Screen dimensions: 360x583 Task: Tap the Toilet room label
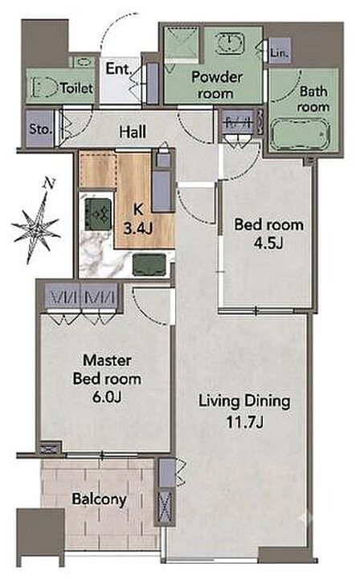pyautogui.click(x=76, y=88)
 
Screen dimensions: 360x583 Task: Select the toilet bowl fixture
pyautogui.click(x=43, y=88)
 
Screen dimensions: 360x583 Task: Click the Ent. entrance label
pyautogui.click(x=119, y=68)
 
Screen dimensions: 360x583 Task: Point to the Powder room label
pyautogui.click(x=216, y=85)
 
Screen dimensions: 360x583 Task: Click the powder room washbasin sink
pyautogui.click(x=230, y=43)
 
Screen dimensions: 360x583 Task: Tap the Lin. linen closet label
pyautogui.click(x=280, y=53)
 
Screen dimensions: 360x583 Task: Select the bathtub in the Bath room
pyautogui.click(x=300, y=134)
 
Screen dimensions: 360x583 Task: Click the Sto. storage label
pyautogui.click(x=40, y=129)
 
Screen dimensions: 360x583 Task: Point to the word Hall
pyautogui.click(x=133, y=132)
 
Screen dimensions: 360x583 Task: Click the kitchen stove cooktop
pyautogui.click(x=98, y=214)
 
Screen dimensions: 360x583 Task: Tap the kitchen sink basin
pyautogui.click(x=149, y=264)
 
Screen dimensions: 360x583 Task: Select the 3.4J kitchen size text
pyautogui.click(x=137, y=229)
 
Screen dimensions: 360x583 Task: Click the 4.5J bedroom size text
pyautogui.click(x=269, y=243)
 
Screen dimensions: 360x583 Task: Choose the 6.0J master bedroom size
pyautogui.click(x=107, y=397)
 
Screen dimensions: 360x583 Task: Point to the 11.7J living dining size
pyautogui.click(x=245, y=422)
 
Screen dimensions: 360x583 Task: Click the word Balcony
pyautogui.click(x=100, y=499)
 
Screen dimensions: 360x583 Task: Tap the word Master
pyautogui.click(x=107, y=361)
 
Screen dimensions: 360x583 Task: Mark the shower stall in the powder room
pyautogui.click(x=182, y=43)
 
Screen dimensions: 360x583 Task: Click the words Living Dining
pyautogui.click(x=245, y=402)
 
